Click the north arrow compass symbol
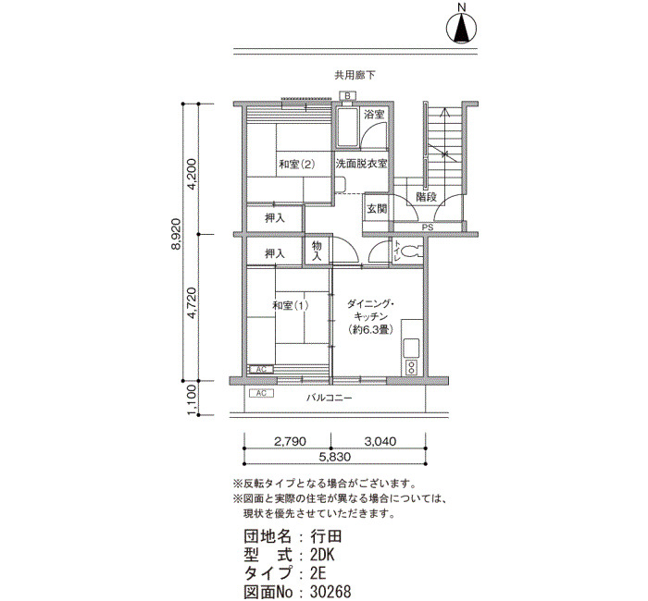click(x=462, y=28)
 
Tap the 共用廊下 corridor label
click(x=355, y=75)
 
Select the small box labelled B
click(x=347, y=96)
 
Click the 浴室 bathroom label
click(x=374, y=115)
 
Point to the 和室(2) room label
click(x=297, y=165)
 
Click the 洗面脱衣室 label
click(x=361, y=164)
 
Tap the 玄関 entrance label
click(x=377, y=209)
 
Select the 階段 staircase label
click(x=426, y=196)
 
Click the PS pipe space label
click(x=428, y=227)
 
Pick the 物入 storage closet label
click(x=317, y=251)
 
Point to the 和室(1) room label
click(x=290, y=305)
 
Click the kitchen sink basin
click(x=411, y=349)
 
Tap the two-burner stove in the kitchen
click(x=411, y=367)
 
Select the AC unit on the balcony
click(x=261, y=393)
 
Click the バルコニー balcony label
click(x=329, y=398)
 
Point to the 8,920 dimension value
click(x=176, y=234)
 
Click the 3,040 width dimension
click(x=380, y=441)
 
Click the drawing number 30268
click(x=330, y=592)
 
